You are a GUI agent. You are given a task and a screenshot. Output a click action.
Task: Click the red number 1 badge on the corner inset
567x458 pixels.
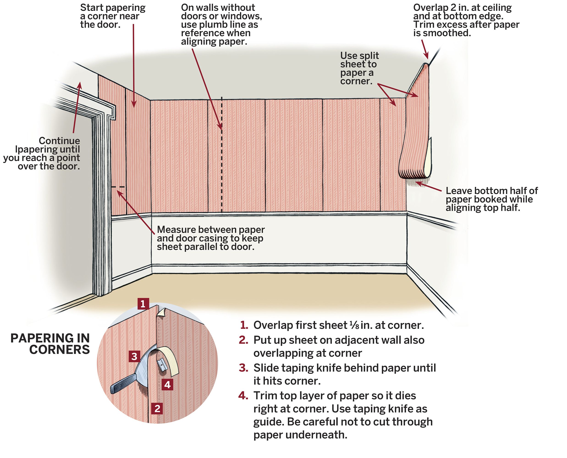[x=143, y=304]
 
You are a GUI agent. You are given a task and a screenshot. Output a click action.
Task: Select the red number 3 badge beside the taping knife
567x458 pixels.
[x=134, y=356]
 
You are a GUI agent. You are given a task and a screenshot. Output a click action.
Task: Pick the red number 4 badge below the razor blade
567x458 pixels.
[x=167, y=385]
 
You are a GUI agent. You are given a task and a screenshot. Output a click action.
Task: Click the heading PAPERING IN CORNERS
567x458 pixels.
[x=50, y=344]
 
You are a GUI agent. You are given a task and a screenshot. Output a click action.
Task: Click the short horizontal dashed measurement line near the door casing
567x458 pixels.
[x=118, y=187]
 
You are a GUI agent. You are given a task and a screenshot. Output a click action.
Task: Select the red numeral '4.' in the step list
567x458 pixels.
[x=243, y=396]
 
